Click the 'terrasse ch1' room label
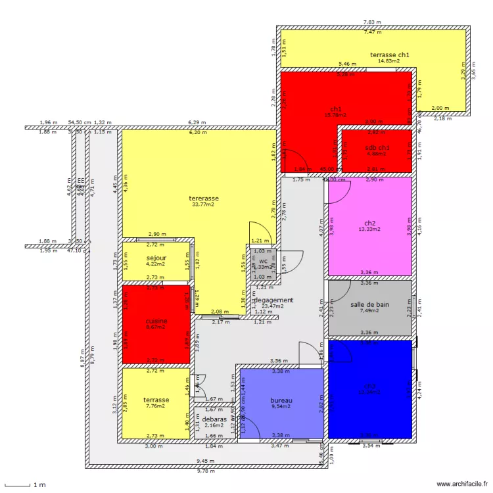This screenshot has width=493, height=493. click(390, 54)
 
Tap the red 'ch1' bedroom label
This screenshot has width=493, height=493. click(336, 108)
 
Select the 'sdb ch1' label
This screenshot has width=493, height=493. click(377, 148)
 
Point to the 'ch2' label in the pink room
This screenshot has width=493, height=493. click(370, 222)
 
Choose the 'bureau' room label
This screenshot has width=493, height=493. click(281, 400)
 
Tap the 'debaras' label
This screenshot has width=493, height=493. click(214, 419)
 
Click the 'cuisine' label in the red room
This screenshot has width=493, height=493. click(156, 321)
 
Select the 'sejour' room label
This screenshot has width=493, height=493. click(156, 258)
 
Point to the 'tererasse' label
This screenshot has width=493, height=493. click(204, 198)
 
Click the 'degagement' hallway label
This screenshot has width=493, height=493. click(273, 300)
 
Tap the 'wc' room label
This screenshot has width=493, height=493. click(263, 261)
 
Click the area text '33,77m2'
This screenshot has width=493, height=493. click(204, 204)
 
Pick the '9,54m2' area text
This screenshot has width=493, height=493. click(281, 407)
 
